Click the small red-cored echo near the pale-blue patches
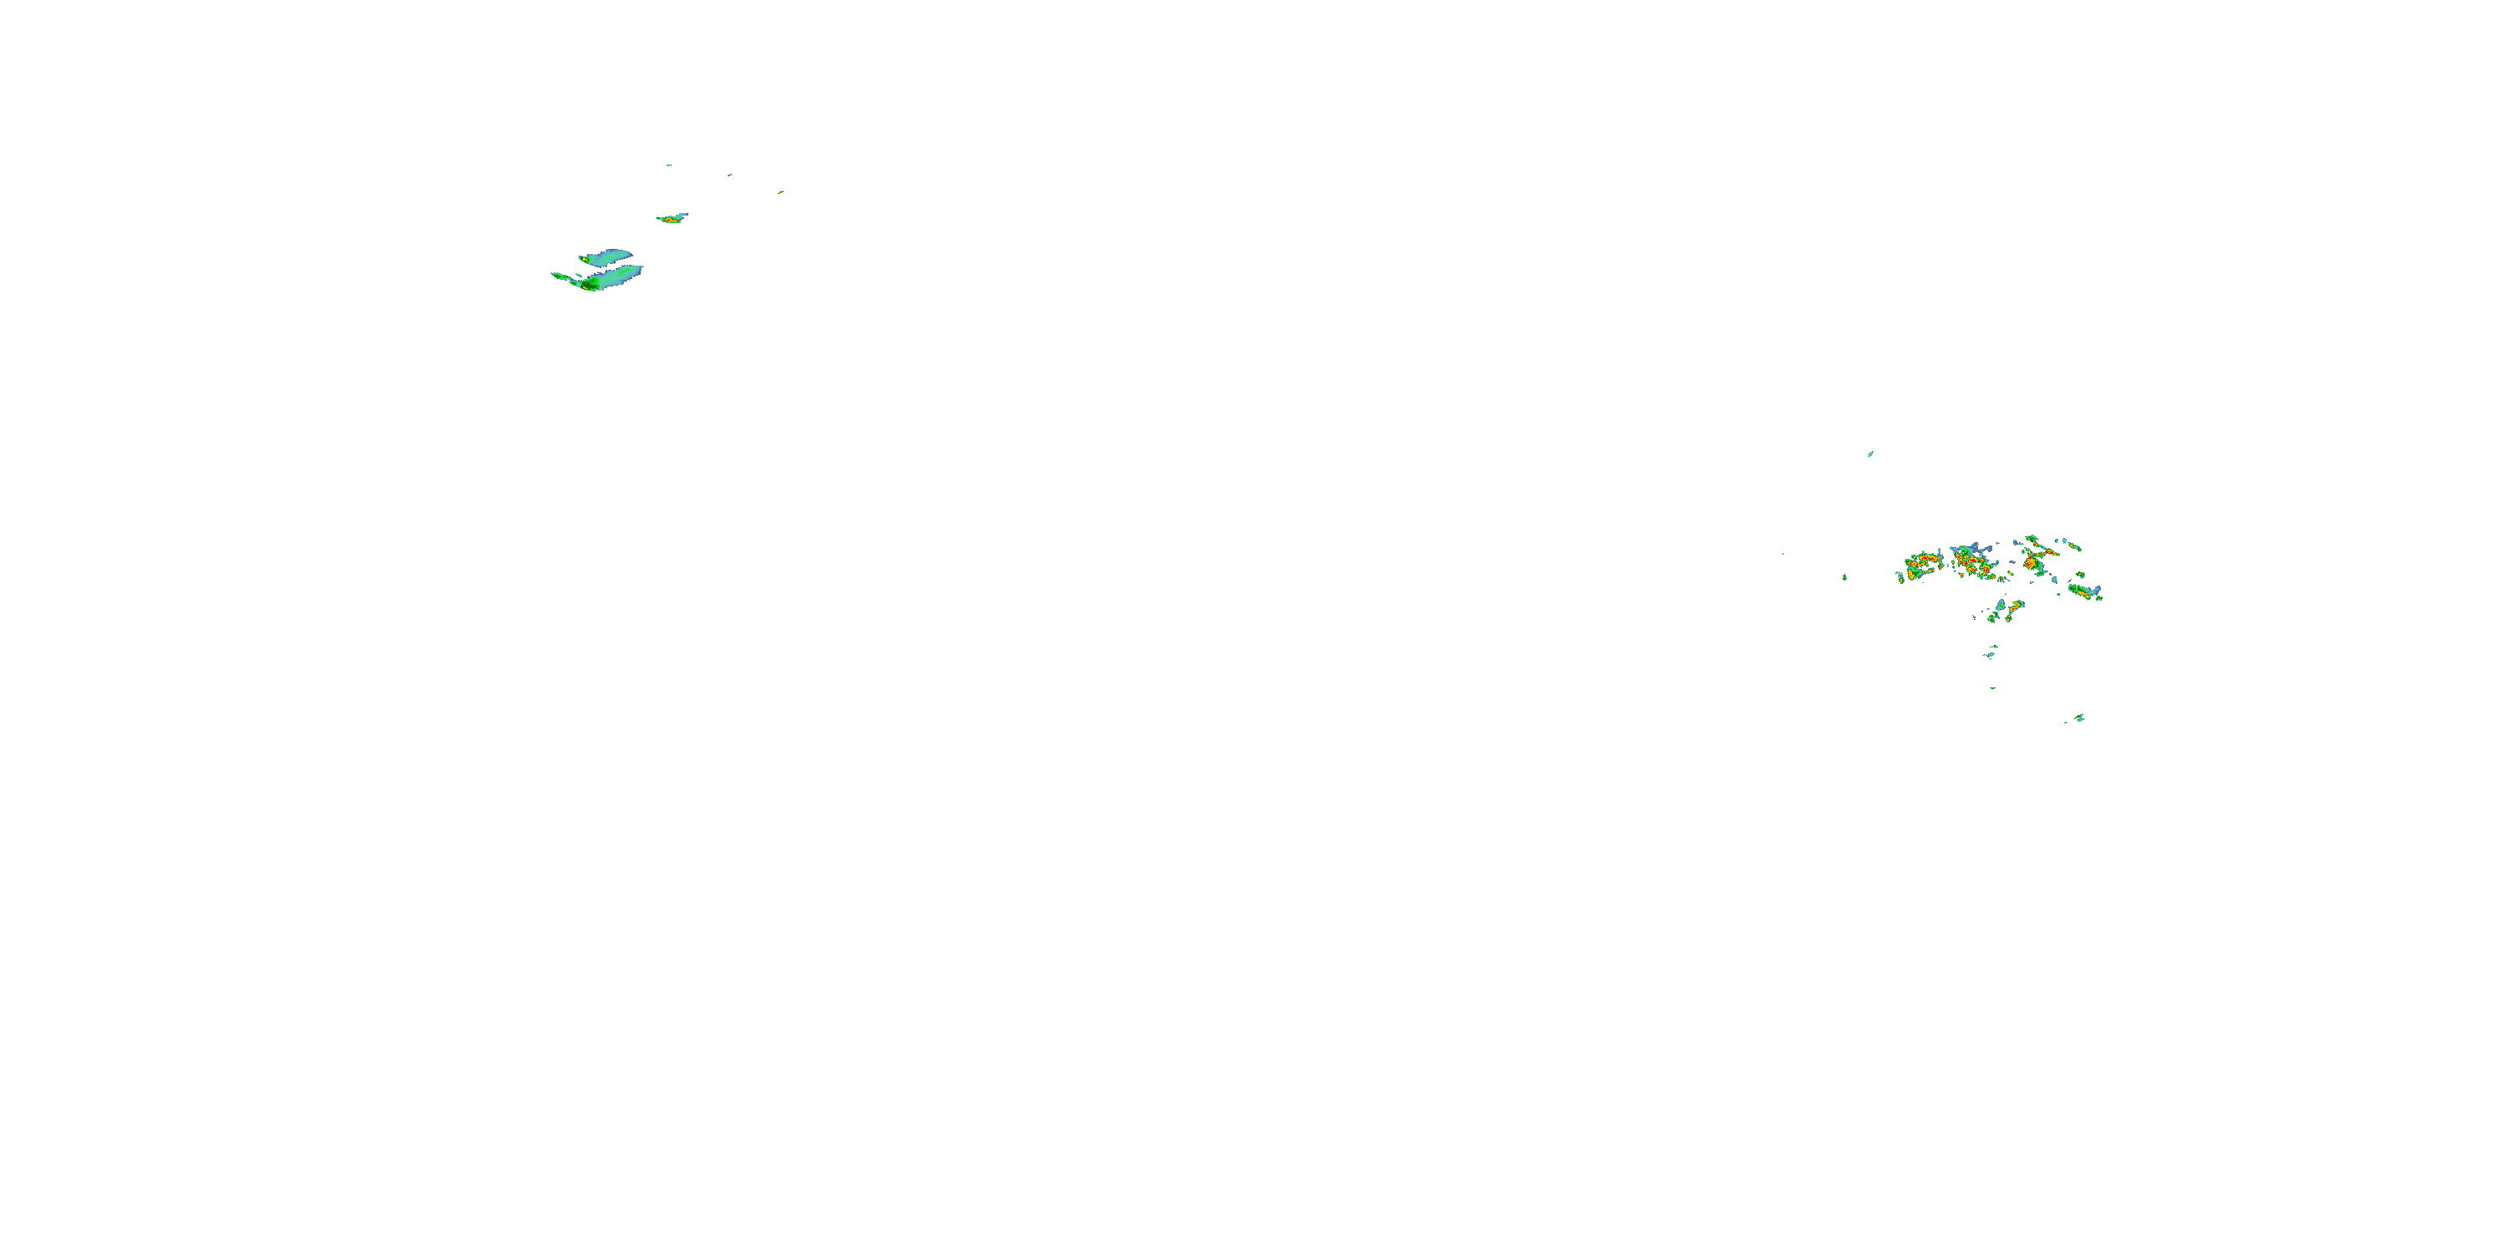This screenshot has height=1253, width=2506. (x=672, y=219)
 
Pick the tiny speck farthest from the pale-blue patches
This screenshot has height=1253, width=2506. (x=781, y=191)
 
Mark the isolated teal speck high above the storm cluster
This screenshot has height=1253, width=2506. (x=1869, y=454)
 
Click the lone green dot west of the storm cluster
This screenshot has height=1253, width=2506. (x=1844, y=577)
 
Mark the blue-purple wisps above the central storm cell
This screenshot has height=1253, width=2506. (x=1975, y=548)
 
